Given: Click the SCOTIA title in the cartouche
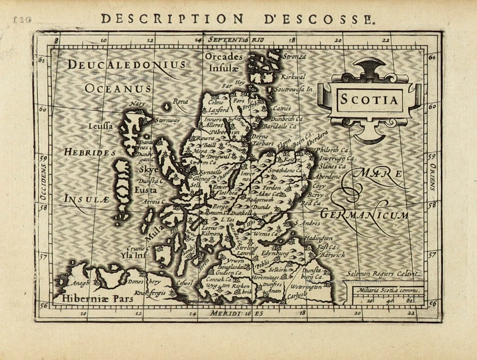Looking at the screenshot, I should point(368,100).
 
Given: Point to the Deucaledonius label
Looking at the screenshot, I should point(126,64).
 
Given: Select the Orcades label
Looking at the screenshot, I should point(224,57).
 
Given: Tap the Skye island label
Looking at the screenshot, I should point(149,169).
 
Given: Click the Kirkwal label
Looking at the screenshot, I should point(293,76).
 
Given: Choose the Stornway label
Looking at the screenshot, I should point(167,120).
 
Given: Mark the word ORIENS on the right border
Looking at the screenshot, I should point(433,176).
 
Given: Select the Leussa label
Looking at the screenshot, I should point(101,126).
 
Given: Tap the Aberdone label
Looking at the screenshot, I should point(327,176).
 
